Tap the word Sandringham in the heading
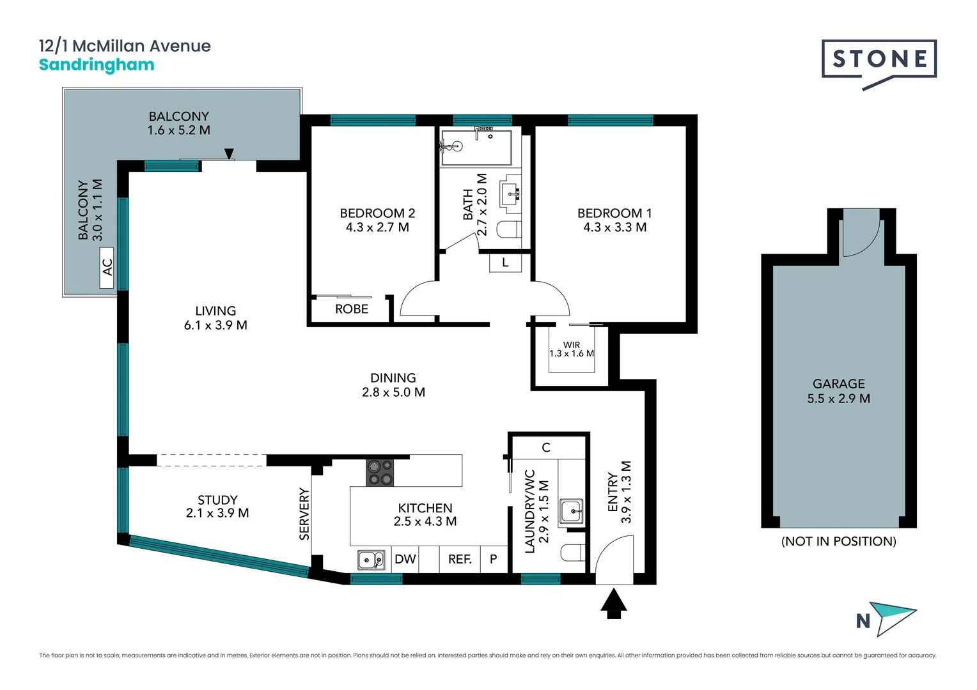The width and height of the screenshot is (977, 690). click(x=97, y=65)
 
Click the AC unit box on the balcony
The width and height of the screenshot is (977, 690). click(x=106, y=268)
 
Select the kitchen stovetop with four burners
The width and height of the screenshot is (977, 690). click(x=379, y=473)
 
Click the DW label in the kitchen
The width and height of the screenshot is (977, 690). click(x=405, y=559)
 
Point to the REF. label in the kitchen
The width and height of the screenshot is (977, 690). click(x=460, y=559)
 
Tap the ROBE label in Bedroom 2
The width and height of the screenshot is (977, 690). click(x=352, y=309)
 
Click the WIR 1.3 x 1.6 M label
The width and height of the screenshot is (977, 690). click(x=572, y=349)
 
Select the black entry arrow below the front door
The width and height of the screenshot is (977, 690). click(x=614, y=603)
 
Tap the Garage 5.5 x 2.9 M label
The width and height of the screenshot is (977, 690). click(x=838, y=391)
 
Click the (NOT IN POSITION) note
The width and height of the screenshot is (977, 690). click(x=838, y=541)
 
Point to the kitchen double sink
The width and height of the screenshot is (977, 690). click(x=371, y=560)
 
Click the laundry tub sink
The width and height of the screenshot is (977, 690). click(x=572, y=511)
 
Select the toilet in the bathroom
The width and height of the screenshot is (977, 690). click(x=510, y=229)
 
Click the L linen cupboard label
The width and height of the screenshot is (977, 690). click(x=505, y=263)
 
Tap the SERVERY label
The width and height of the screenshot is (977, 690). click(x=304, y=514)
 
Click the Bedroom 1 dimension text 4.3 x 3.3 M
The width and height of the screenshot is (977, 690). click(x=614, y=227)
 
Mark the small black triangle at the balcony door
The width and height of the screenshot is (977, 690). click(x=229, y=153)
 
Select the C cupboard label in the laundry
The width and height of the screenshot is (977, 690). click(x=545, y=448)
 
